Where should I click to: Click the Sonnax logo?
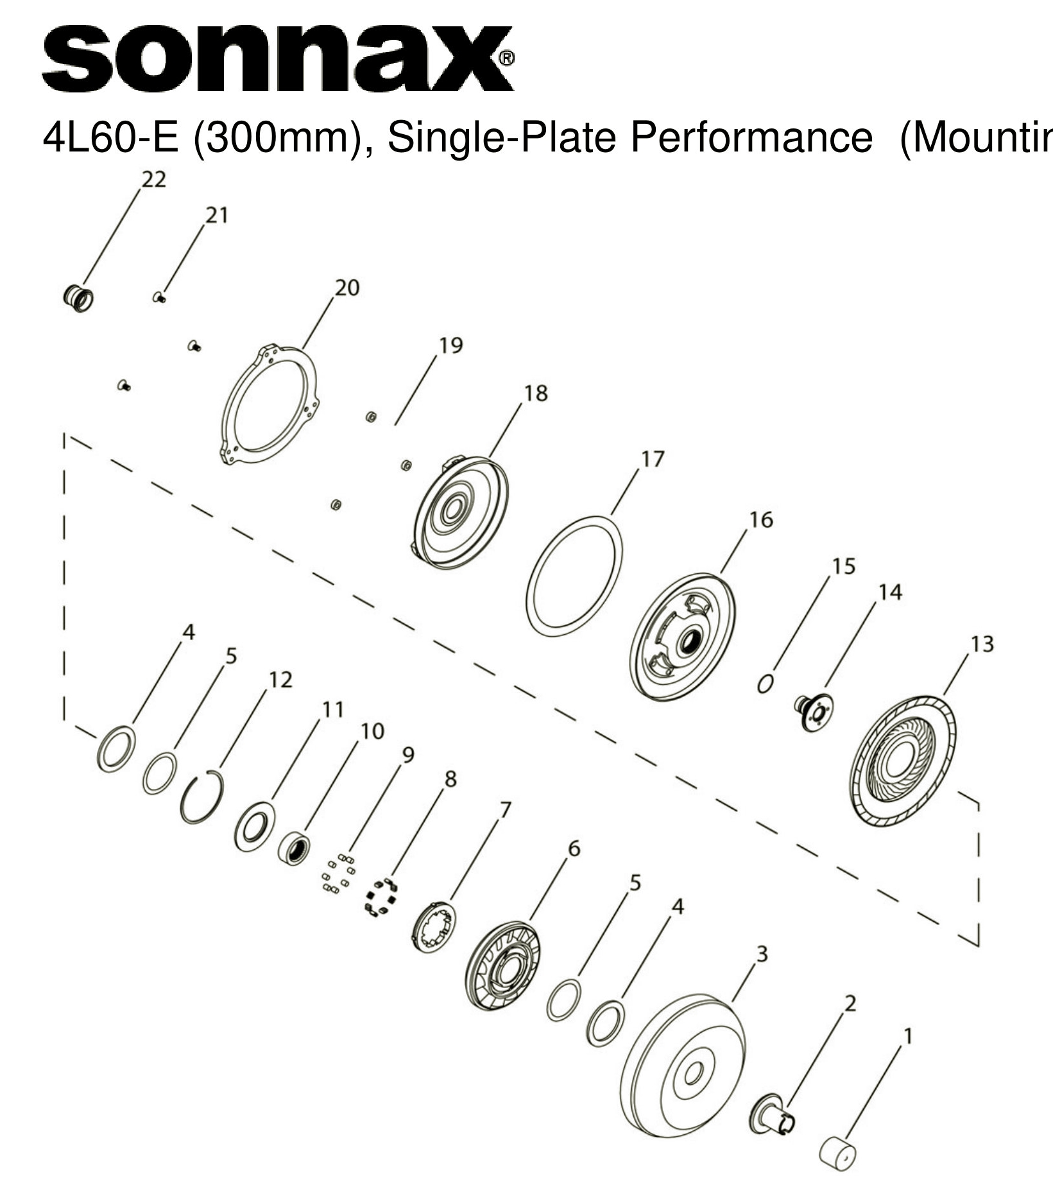pos(277,59)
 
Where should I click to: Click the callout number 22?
pos(153,180)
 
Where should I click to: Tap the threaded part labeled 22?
pos(78,298)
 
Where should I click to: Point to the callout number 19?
pos(450,345)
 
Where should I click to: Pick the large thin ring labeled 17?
pos(574,576)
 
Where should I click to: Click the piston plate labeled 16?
pos(683,637)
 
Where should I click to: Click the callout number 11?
pos(332,709)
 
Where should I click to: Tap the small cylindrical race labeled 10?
pos(295,848)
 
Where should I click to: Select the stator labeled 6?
pos(502,966)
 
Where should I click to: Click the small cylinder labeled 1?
pos(838,1153)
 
